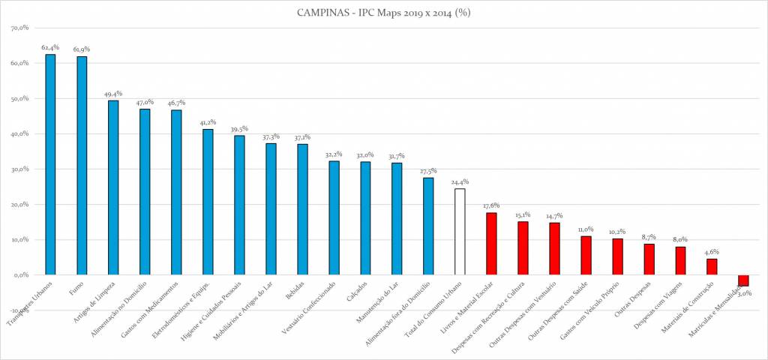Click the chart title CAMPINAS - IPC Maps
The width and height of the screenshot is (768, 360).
pyautogui.click(x=383, y=12)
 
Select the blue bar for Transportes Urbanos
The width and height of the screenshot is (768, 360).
pyautogui.click(x=50, y=165)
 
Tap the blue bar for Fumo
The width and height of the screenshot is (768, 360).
pyautogui.click(x=82, y=166)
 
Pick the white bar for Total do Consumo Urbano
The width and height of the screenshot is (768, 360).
pyautogui.click(x=460, y=232)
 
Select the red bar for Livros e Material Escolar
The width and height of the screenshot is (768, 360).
pyautogui.click(x=491, y=244)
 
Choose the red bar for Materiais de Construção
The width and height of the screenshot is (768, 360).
pyautogui.click(x=712, y=267)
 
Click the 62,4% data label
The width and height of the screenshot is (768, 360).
pyautogui.click(x=50, y=47)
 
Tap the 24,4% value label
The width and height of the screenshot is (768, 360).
pyautogui.click(x=460, y=181)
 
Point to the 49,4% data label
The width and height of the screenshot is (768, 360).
pyautogui.click(x=113, y=94)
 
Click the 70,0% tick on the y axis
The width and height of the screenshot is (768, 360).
pyautogui.click(x=18, y=28)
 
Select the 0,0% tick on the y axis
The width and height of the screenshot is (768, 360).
pyautogui.click(x=19, y=275)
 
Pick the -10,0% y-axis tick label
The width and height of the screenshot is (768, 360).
pyautogui.click(x=16, y=310)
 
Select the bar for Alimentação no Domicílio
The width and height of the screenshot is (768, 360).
pyautogui.click(x=145, y=192)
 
